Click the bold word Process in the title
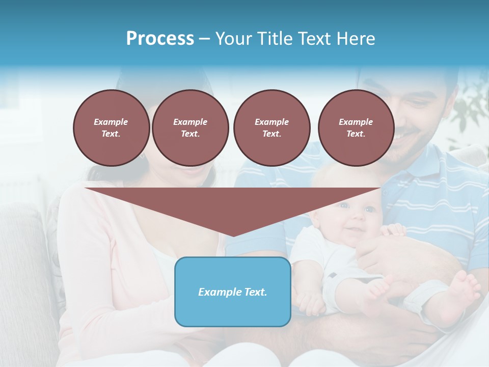pyautogui.click(x=160, y=38)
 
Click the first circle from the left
pyautogui.click(x=111, y=128)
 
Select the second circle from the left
pyautogui.click(x=190, y=128)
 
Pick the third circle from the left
pyautogui.click(x=271, y=128)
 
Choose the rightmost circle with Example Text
pyautogui.click(x=356, y=128)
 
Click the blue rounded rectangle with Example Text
pyautogui.click(x=233, y=292)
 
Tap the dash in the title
pyautogui.click(x=205, y=39)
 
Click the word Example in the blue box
pyautogui.click(x=218, y=292)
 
